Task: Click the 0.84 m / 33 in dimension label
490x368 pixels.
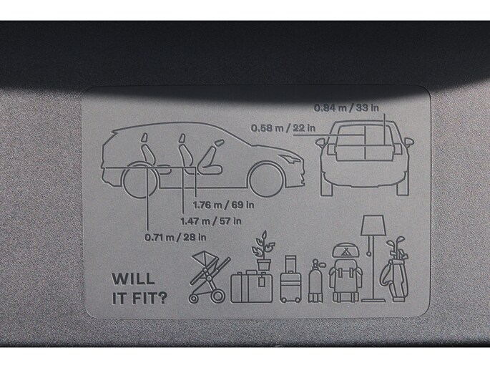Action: pos(346,108)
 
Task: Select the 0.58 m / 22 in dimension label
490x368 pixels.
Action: pos(283,128)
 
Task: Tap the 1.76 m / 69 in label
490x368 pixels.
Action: pos(223,205)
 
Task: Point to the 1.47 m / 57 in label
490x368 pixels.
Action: pos(211,221)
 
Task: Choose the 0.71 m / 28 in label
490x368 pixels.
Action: pos(175,237)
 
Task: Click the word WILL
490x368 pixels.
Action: pos(134,279)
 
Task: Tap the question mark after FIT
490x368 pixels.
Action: pos(162,299)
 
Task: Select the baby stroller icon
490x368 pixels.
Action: pos(209,277)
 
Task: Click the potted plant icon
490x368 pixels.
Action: pos(263,251)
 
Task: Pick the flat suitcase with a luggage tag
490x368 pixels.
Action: pos(252,287)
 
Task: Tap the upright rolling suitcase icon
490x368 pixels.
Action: pos(290,279)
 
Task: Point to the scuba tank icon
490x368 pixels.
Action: pos(315,281)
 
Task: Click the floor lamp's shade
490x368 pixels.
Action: pos(373,225)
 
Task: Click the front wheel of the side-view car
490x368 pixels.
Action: pos(268,180)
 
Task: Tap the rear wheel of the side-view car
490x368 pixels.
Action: pos(139,180)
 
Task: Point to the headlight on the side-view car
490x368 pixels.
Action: pos(291,158)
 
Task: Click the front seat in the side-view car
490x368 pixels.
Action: pos(211,158)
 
